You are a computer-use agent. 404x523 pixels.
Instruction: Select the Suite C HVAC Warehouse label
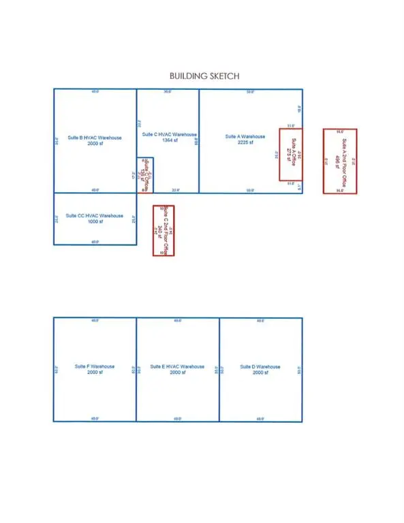click(x=170, y=134)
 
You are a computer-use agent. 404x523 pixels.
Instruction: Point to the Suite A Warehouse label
click(x=240, y=136)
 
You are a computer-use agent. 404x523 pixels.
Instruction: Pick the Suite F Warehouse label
click(x=95, y=367)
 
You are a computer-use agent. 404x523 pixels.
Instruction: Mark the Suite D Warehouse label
click(x=260, y=367)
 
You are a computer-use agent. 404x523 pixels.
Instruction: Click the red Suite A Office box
click(x=290, y=155)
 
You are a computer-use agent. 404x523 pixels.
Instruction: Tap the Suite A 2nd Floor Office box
click(x=340, y=161)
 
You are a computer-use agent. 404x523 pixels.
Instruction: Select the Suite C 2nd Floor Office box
click(x=164, y=231)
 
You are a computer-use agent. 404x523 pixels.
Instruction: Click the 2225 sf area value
click(x=240, y=143)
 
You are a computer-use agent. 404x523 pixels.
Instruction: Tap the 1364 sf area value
click(x=170, y=140)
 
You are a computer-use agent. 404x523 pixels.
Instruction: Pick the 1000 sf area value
click(x=95, y=222)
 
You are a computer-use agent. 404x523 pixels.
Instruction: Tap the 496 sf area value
click(x=336, y=162)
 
